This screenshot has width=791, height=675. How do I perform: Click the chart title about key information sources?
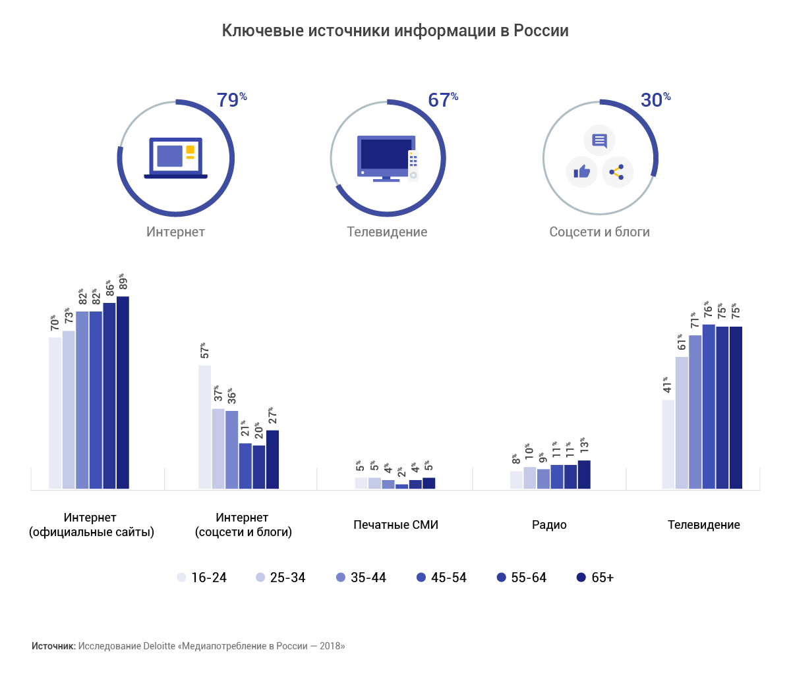click(x=395, y=31)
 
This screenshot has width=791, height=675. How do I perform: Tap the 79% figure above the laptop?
click(x=231, y=100)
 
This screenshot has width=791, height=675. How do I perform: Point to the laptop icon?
click(x=175, y=158)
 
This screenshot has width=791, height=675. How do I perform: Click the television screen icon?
click(x=386, y=157)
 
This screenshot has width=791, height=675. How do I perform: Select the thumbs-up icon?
click(x=581, y=173)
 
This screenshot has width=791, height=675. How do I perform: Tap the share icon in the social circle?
click(x=617, y=173)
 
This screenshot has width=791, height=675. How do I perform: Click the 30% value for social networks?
click(x=655, y=100)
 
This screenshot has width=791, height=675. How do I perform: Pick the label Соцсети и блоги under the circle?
click(x=599, y=232)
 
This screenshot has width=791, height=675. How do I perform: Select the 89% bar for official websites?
click(x=123, y=392)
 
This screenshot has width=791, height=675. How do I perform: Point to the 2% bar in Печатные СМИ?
click(x=401, y=486)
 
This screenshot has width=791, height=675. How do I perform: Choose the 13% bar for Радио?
click(x=584, y=474)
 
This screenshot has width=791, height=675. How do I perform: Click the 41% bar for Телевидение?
click(x=668, y=444)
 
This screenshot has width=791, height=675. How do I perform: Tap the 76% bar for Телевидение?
click(x=709, y=406)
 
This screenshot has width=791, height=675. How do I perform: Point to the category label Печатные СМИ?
click(x=395, y=525)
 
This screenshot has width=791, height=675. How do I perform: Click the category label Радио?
click(x=549, y=525)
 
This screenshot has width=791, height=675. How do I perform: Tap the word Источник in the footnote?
click(x=53, y=646)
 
